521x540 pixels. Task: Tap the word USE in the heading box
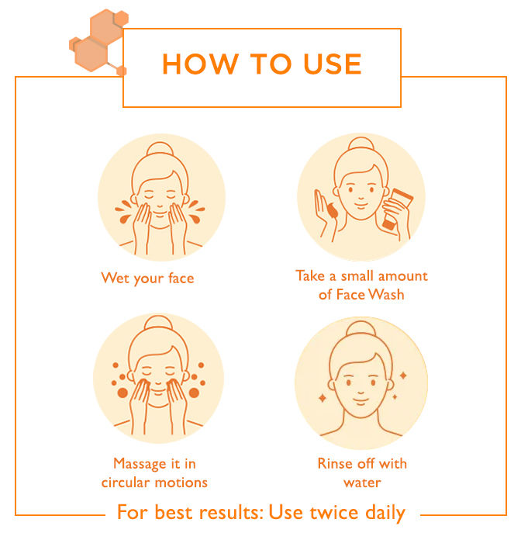[x=333, y=64]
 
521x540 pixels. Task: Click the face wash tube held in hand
[x=398, y=209]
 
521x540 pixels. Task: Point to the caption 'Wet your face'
[x=147, y=278]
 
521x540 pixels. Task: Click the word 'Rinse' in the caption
[x=334, y=463]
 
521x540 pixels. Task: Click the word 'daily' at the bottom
[x=385, y=513]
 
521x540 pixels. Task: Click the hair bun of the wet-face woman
[x=160, y=149]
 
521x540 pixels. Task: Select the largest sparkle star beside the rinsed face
[x=323, y=399]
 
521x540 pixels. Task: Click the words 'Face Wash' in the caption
[x=370, y=295]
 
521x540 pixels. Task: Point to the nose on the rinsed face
[x=361, y=393]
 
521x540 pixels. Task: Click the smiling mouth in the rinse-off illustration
[x=361, y=402]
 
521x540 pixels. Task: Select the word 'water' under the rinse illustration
[x=362, y=483]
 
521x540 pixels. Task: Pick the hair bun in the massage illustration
[x=158, y=323]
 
